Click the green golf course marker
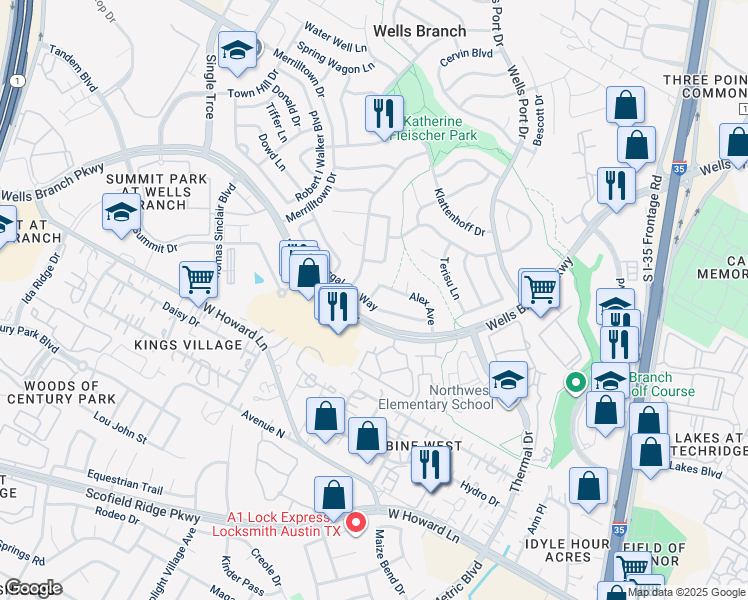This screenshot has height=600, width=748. tap(575, 381)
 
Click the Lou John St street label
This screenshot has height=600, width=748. tap(119, 424)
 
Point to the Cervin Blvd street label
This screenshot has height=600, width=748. tap(466, 53)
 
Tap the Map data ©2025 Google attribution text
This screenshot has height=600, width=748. tap(686, 592)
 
